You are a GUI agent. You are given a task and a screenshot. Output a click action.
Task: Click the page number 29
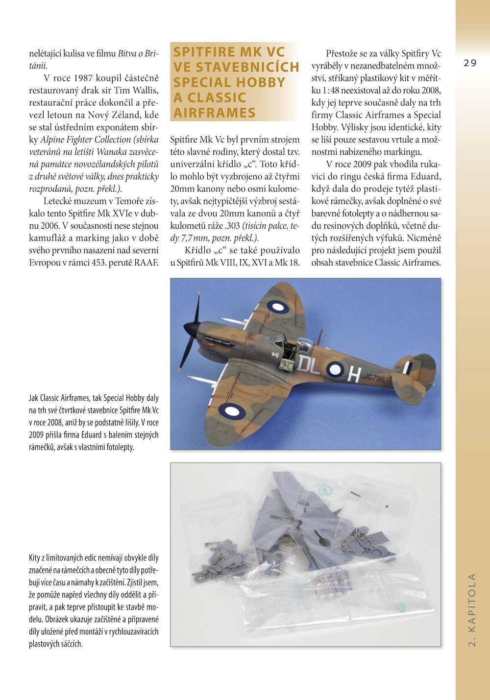point(469,63)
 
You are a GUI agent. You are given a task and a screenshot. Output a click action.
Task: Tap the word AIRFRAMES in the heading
point(215,113)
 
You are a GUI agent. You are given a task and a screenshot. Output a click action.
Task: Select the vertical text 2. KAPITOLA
point(472,609)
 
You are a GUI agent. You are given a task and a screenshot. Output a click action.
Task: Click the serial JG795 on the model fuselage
point(374,378)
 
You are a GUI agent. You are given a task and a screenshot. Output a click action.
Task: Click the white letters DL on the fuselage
point(308,365)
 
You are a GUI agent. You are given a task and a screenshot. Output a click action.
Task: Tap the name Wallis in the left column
point(146,91)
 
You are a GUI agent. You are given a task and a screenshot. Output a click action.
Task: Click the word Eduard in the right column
point(426,176)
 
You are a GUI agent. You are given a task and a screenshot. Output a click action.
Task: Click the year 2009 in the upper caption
point(37,435)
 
